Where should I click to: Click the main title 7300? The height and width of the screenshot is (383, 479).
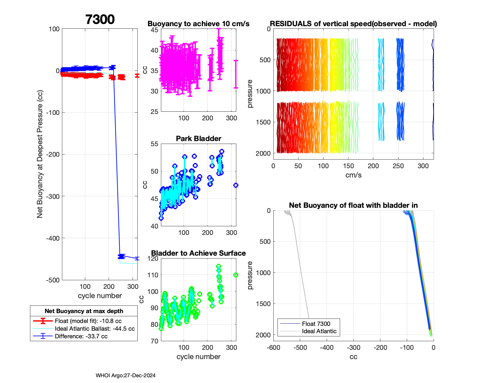coord(100,19)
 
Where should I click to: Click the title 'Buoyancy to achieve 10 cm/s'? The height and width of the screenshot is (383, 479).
coord(198,24)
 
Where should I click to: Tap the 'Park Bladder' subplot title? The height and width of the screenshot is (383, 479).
coord(198,139)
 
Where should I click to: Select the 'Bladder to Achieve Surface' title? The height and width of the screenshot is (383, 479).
coord(198,253)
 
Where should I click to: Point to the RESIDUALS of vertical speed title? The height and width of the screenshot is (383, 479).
coord(353,24)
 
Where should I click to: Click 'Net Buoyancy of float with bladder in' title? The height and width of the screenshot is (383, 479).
coord(353,205)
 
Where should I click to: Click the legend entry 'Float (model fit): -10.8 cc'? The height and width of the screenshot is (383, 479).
coord(88,321)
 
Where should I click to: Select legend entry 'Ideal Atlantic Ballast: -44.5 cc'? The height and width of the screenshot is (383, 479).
coord(95,329)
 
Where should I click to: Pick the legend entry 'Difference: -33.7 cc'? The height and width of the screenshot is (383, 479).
coord(81,336)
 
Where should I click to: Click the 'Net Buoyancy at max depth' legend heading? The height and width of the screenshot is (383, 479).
coord(84,311)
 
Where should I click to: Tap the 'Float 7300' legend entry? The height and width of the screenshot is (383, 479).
coord(316,324)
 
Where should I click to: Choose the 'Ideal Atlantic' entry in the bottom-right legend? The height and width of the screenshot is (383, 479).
coord(319,331)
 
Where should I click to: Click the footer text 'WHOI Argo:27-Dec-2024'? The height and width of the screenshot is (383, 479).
coord(125,376)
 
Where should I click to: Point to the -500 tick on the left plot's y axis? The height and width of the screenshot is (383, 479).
coord(53,280)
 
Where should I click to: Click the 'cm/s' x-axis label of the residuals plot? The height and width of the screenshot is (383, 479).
coord(353,175)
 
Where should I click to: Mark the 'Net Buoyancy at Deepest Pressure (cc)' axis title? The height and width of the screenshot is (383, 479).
coord(40,154)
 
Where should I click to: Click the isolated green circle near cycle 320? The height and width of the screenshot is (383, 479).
coord(236,275)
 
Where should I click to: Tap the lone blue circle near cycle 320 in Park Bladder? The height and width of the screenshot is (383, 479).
coord(236,185)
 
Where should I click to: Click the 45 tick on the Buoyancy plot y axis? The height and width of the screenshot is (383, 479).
coord(155,30)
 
